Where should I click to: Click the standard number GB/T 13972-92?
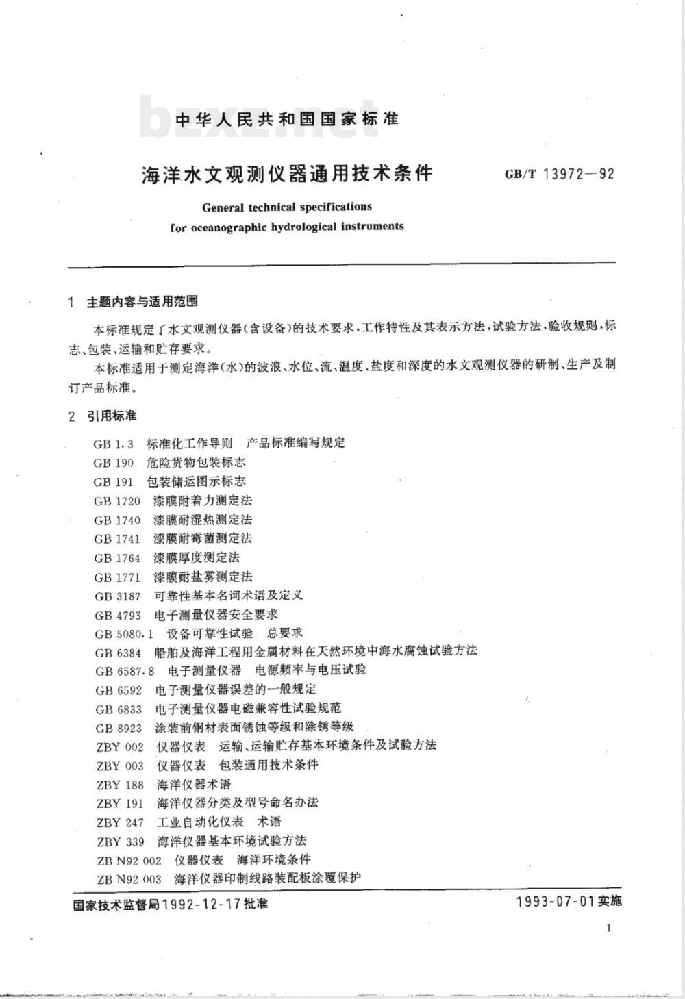coord(559,173)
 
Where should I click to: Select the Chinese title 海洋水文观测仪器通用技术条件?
coord(287,173)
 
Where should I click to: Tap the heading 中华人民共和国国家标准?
coord(287,119)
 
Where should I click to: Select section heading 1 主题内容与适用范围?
coord(134,301)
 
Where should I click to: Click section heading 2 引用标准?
coord(103,416)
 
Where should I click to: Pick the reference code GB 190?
coord(114,463)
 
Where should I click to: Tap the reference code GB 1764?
coord(117,558)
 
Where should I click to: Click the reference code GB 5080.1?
coord(125,634)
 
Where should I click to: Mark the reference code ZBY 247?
coord(120,822)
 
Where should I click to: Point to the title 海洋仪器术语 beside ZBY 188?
coord(194,785)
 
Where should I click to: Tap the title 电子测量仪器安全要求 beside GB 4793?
coord(216,615)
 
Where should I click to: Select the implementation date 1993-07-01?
coord(555,901)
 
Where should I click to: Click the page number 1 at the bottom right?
coord(609,928)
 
